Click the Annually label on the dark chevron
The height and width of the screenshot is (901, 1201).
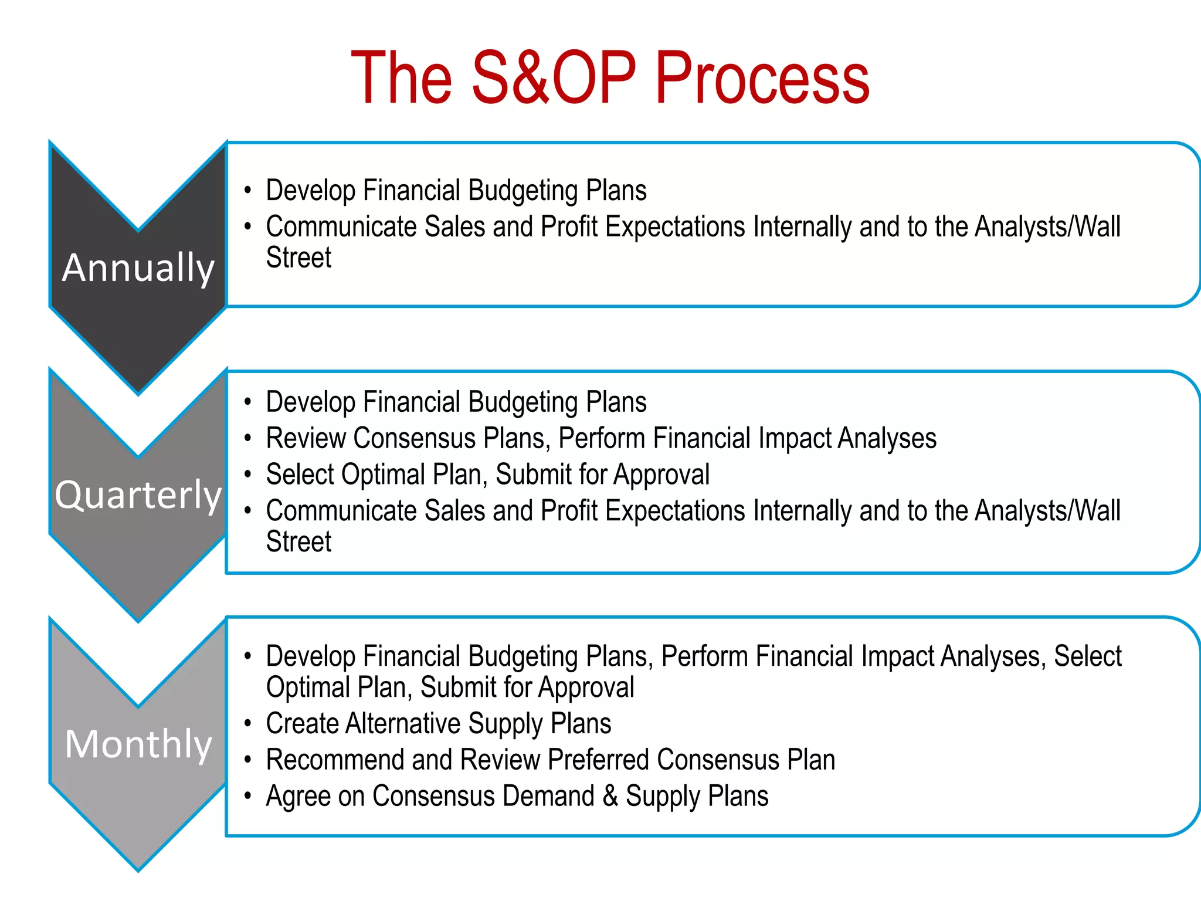(138, 268)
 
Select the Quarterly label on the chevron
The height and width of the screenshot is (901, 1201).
(138, 494)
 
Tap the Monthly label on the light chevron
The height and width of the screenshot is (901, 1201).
(138, 744)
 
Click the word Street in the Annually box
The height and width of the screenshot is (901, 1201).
(298, 258)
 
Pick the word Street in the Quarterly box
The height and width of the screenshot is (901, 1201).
(298, 541)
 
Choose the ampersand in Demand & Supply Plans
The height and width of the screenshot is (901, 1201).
(610, 796)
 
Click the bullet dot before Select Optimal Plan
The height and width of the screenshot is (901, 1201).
(248, 474)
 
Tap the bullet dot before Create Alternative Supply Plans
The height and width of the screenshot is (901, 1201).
(248, 723)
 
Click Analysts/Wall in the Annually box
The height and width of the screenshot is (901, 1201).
(1047, 227)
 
